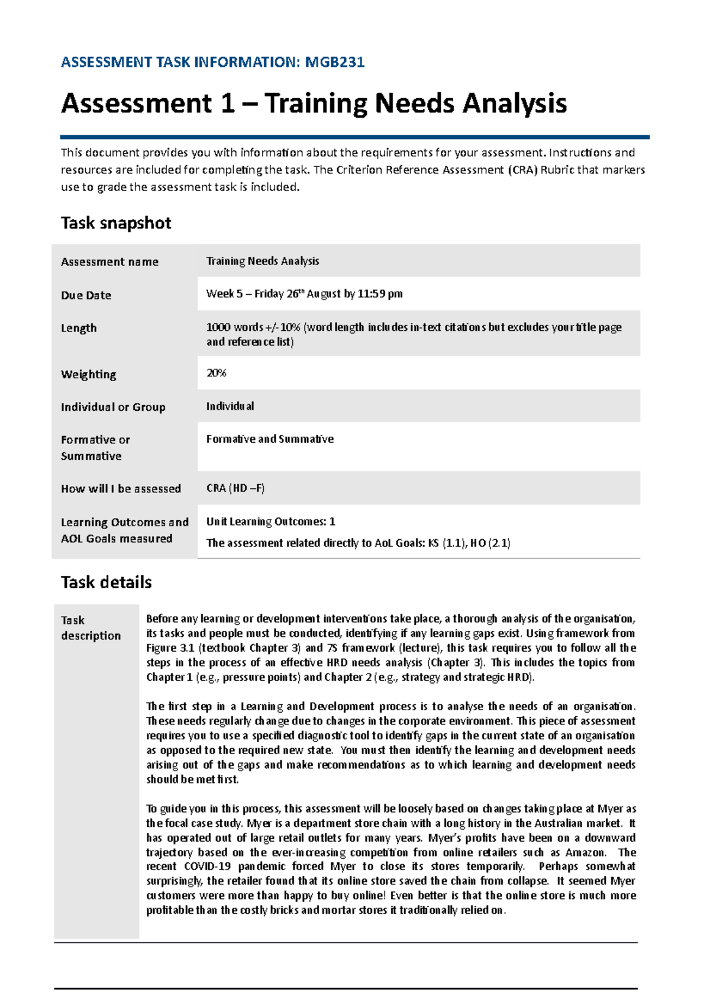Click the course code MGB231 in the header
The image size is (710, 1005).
click(334, 62)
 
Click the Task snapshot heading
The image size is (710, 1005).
click(116, 223)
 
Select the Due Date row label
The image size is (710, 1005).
click(86, 295)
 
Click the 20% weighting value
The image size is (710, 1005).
click(216, 373)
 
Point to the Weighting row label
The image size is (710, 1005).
click(89, 375)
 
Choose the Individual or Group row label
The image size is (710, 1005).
click(113, 407)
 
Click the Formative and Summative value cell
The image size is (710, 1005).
click(270, 439)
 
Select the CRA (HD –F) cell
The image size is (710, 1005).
click(235, 488)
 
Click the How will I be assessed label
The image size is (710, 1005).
click(121, 489)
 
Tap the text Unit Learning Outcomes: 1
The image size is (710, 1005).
click(270, 521)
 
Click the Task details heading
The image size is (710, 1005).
click(106, 582)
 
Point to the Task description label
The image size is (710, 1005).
click(91, 628)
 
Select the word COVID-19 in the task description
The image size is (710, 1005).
click(207, 867)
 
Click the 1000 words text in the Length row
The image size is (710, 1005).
click(234, 327)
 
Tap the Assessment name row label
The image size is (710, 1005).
click(109, 262)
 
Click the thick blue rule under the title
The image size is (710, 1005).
click(355, 137)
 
